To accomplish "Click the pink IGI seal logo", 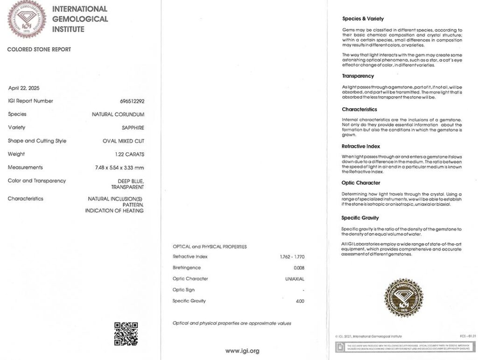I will (27, 19).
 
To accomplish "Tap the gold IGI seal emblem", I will (403, 298).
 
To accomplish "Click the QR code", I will (126, 333).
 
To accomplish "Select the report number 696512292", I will (132, 101).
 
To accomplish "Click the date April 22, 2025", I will (24, 88).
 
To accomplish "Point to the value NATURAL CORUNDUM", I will (118, 114).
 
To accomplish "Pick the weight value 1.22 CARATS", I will (130, 154).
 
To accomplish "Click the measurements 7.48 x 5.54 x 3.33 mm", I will (119, 168).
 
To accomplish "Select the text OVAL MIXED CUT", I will (123, 141).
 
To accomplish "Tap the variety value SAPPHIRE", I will (133, 127).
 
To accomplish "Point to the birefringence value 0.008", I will (299, 268).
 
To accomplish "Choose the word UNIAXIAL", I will (295, 279).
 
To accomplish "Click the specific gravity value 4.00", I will (299, 301).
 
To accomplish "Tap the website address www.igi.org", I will (242, 351).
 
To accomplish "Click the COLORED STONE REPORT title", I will (39, 49).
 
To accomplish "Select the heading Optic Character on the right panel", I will (361, 183).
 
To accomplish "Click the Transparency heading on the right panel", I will (358, 76).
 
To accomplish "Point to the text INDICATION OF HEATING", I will (114, 211).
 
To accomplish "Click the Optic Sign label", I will (183, 290).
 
